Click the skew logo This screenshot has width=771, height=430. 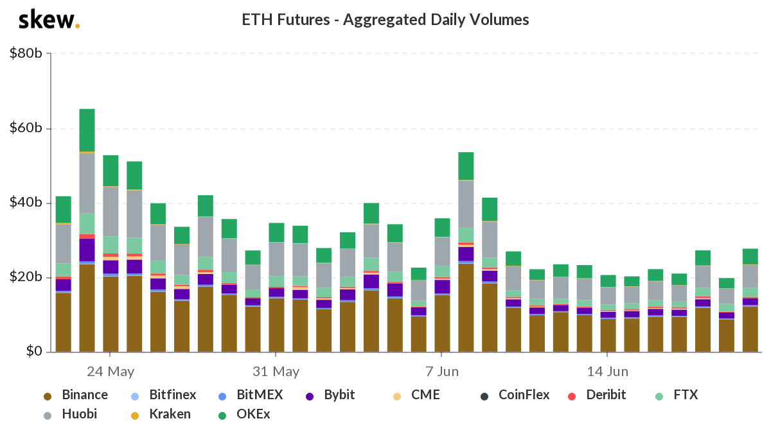point(49,20)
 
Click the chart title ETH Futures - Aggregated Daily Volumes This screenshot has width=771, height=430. point(385,20)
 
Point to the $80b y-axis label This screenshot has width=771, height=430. point(26,53)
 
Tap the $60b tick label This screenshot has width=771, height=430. point(26,128)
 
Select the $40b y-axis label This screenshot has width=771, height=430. point(26,202)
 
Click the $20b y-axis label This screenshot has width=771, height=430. point(26,277)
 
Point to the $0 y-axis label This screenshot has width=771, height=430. point(34,351)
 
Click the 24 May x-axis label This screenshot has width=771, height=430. point(110,372)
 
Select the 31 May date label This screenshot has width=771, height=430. point(276,372)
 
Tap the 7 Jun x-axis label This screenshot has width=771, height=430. point(442,372)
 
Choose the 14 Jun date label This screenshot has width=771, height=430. point(608,372)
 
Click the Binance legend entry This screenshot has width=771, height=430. point(76,395)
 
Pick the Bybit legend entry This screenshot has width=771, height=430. point(330,395)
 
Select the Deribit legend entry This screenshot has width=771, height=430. point(597,395)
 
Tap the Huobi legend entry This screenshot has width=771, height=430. point(70,414)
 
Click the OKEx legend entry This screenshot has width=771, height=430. point(244,414)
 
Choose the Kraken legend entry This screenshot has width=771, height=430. point(161,414)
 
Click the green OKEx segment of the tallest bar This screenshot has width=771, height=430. point(87,130)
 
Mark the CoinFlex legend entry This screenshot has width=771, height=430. point(515,395)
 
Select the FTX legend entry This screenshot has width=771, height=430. point(677,395)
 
